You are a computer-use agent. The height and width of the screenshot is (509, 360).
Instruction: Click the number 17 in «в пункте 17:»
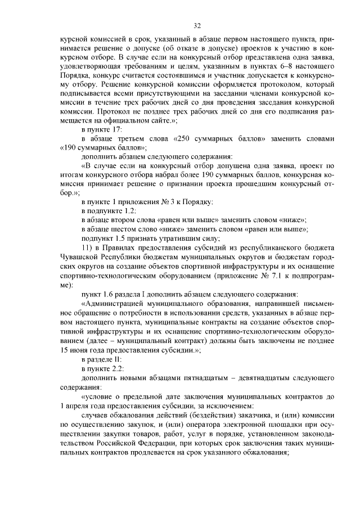coord(116,129)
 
